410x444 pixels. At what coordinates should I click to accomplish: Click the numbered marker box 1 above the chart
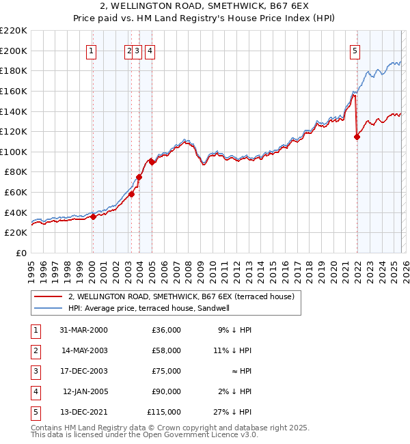coord(92,50)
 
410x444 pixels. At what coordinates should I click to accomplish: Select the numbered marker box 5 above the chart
coord(355,50)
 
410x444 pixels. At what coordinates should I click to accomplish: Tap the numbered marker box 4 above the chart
coord(149,50)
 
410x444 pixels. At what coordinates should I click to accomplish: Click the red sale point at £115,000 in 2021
coord(357,137)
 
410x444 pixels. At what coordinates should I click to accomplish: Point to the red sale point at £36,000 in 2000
coord(94,217)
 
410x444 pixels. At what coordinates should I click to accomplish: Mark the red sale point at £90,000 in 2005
coord(152,162)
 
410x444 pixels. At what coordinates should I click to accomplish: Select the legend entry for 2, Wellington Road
coord(181,296)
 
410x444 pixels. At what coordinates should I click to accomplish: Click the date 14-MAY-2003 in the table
coord(84,350)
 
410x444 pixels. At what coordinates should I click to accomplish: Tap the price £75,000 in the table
coord(164,370)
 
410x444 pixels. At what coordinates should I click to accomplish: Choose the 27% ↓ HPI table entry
coord(233,412)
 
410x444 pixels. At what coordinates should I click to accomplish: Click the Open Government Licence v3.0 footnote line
coord(145,434)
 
